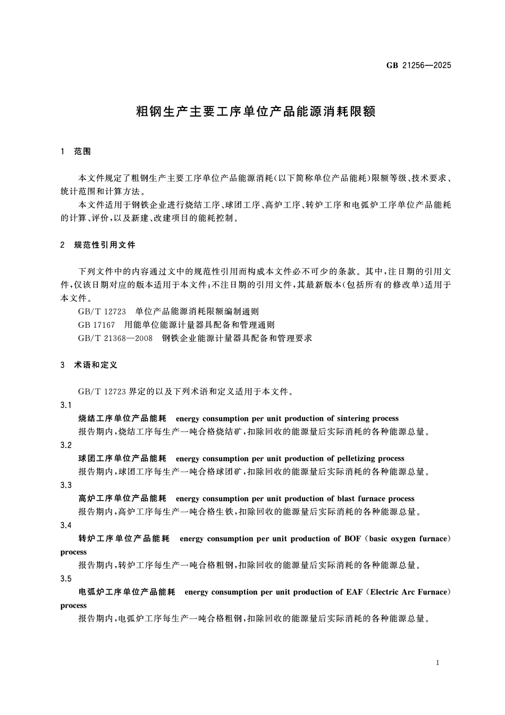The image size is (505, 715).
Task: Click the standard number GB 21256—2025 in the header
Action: (x=418, y=65)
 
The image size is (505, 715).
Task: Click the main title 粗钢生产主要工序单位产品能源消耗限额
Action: (x=256, y=112)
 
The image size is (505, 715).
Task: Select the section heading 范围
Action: (x=82, y=152)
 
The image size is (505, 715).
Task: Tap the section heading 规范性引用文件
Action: (x=105, y=245)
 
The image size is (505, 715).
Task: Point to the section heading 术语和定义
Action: (x=96, y=365)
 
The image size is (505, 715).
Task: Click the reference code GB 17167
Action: (x=96, y=325)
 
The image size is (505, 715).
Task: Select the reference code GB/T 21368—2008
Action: (x=115, y=338)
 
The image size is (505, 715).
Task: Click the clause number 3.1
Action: (x=66, y=405)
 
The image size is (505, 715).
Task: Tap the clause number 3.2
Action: (x=66, y=445)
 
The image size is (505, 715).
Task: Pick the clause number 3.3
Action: (x=66, y=485)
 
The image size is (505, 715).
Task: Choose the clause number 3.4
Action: (x=66, y=525)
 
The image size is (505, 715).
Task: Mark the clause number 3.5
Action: (x=66, y=579)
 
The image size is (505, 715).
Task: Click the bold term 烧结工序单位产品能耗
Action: (x=122, y=419)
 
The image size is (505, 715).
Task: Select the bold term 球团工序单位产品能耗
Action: (x=122, y=459)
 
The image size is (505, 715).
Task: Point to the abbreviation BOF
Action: (x=352, y=539)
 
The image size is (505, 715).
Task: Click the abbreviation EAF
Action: (x=356, y=592)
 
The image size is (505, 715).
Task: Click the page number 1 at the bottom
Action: (x=437, y=662)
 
